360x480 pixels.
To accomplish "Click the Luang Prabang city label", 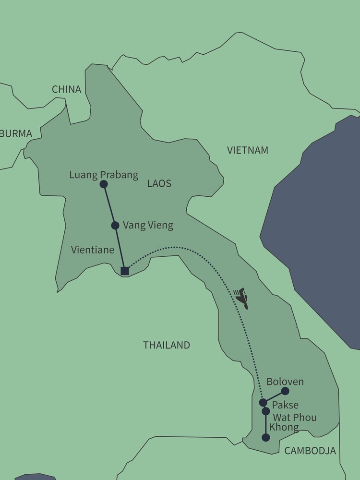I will pos(104,175).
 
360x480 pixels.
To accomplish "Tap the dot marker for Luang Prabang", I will pos(103,184).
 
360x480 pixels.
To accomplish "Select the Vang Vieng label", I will pos(148,225).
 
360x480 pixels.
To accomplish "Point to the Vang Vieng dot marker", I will pos(115,225).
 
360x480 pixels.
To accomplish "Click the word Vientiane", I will pos(93,250).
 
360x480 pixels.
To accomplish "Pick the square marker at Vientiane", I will pos(125,271).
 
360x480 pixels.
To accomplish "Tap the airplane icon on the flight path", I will pos(242,299).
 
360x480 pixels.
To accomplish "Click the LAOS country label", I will pos(159,183).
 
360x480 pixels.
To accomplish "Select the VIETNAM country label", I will pos(248,150).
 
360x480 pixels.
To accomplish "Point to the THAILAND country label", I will pos(167,345).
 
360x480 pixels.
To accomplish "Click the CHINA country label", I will pos(66,89).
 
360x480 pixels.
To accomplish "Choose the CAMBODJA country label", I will pos(310,451).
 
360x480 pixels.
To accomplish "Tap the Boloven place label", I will pos(285,382).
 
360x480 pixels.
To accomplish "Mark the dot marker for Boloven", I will pos(285,391).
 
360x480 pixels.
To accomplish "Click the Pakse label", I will pos(285,405).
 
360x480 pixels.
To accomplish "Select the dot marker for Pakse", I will pos(263,402).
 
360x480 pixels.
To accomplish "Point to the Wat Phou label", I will pos(295,417).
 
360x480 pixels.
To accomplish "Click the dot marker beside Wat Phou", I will pos(265,411).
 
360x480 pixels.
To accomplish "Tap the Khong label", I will pos(284,427).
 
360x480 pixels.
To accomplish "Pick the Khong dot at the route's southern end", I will pos(265,437).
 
